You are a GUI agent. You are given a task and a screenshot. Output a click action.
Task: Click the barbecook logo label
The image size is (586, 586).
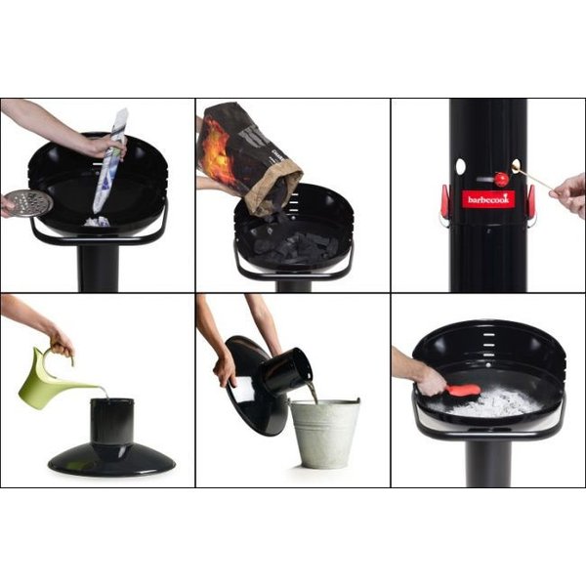pyautogui.click(x=488, y=199)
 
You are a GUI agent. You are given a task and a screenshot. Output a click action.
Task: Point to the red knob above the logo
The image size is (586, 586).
pyautogui.click(x=501, y=180)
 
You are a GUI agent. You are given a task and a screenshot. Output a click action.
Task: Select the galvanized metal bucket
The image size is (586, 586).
pyautogui.click(x=325, y=433)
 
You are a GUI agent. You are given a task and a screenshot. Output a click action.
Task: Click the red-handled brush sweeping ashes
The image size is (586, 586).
pyautogui.click(x=462, y=391)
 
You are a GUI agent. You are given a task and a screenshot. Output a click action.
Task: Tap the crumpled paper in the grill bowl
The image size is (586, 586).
pyautogui.click(x=97, y=222)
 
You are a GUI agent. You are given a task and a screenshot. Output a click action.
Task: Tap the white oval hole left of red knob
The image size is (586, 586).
pyautogui.click(x=460, y=166)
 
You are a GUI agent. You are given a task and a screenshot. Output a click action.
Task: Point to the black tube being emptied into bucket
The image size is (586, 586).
pyautogui.click(x=285, y=371)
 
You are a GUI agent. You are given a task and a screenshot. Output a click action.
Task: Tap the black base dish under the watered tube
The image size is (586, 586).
pyautogui.click(x=111, y=459)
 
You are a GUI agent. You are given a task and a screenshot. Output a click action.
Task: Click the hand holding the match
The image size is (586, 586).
pyautogui.click(x=569, y=193)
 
